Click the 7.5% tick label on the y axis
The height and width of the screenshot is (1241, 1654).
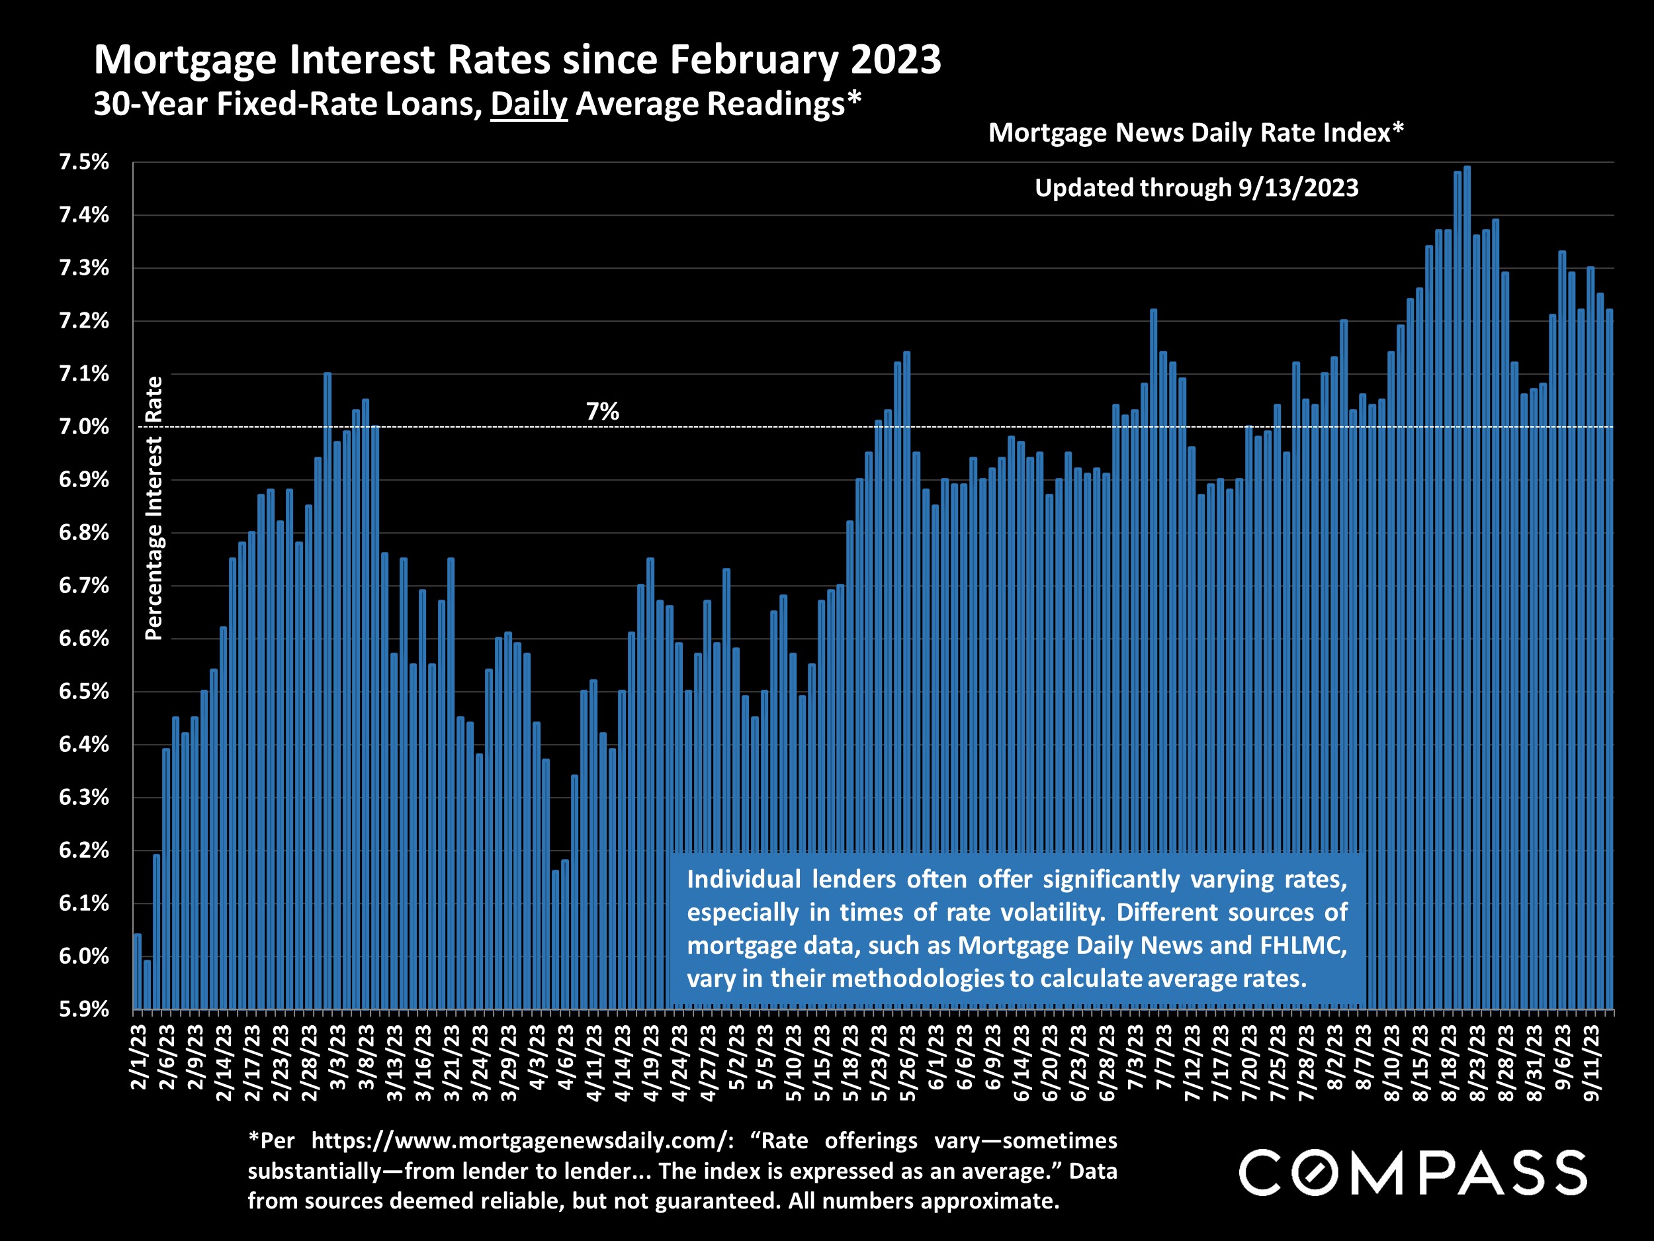point(84,162)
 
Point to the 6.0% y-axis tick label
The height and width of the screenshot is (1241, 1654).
point(84,956)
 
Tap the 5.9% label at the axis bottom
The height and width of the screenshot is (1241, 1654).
point(84,1009)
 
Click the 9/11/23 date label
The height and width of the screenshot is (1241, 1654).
point(1591,1063)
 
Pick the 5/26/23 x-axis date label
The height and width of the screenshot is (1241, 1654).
point(908,1063)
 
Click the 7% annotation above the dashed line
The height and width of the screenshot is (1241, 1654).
point(602,412)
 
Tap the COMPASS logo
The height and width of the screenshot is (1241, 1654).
point(1413,1172)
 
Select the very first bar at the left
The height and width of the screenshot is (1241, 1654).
point(138,972)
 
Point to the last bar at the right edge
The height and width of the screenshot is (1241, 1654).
point(1609,659)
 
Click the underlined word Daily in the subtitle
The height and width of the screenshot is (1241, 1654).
point(529,104)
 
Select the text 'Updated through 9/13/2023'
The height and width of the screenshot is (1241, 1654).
point(1196,188)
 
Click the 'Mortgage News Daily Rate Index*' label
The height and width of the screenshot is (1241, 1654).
point(1196,132)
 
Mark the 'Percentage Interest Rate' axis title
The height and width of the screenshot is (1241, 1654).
point(154,509)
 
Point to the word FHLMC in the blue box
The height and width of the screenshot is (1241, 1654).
point(1303,946)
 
